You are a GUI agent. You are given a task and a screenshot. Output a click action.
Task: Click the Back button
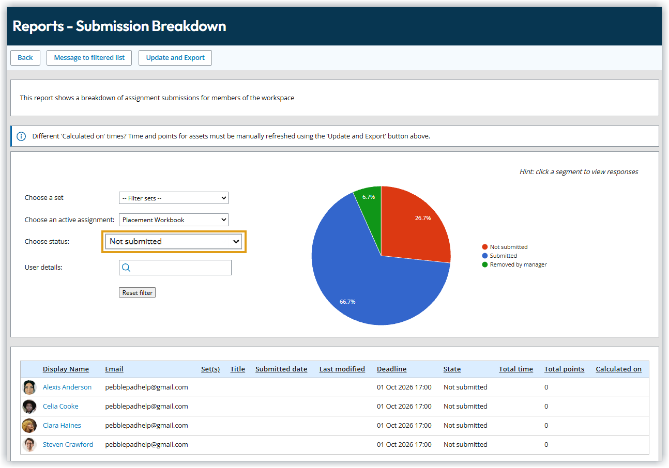(25, 58)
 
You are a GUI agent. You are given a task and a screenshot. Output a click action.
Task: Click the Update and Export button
(175, 58)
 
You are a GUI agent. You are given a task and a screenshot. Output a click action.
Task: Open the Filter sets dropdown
(173, 198)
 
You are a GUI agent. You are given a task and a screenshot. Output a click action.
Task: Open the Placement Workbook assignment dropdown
(173, 220)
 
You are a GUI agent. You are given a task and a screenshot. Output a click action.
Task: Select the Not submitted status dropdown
(173, 242)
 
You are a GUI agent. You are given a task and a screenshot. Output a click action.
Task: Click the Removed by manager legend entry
(518, 264)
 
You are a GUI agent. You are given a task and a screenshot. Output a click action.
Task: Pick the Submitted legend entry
(503, 256)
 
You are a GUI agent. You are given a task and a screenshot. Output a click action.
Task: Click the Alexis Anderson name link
(67, 387)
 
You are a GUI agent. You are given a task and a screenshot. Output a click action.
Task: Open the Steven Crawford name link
(68, 445)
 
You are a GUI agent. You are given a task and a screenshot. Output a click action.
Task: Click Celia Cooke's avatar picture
(29, 407)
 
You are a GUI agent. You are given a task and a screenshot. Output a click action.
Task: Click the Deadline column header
(391, 369)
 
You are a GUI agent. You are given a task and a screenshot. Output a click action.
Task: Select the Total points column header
(564, 369)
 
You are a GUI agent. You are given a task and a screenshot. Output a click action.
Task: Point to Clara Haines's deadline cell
(404, 426)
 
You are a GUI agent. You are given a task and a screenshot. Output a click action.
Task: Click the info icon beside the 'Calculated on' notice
(21, 136)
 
